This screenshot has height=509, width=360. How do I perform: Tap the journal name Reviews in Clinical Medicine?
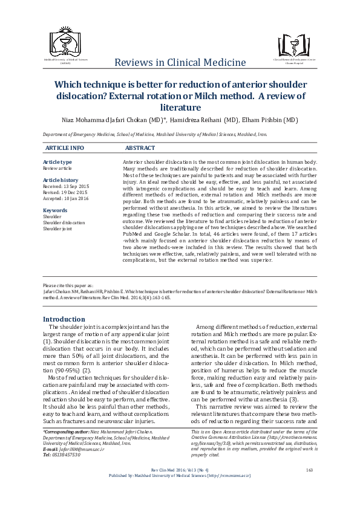coord(180,62)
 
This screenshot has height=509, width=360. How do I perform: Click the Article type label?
coord(57,162)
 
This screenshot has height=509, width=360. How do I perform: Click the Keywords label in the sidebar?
coord(55,210)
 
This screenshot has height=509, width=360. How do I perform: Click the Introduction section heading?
coord(64,319)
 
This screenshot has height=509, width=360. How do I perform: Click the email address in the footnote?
coord(76,449)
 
